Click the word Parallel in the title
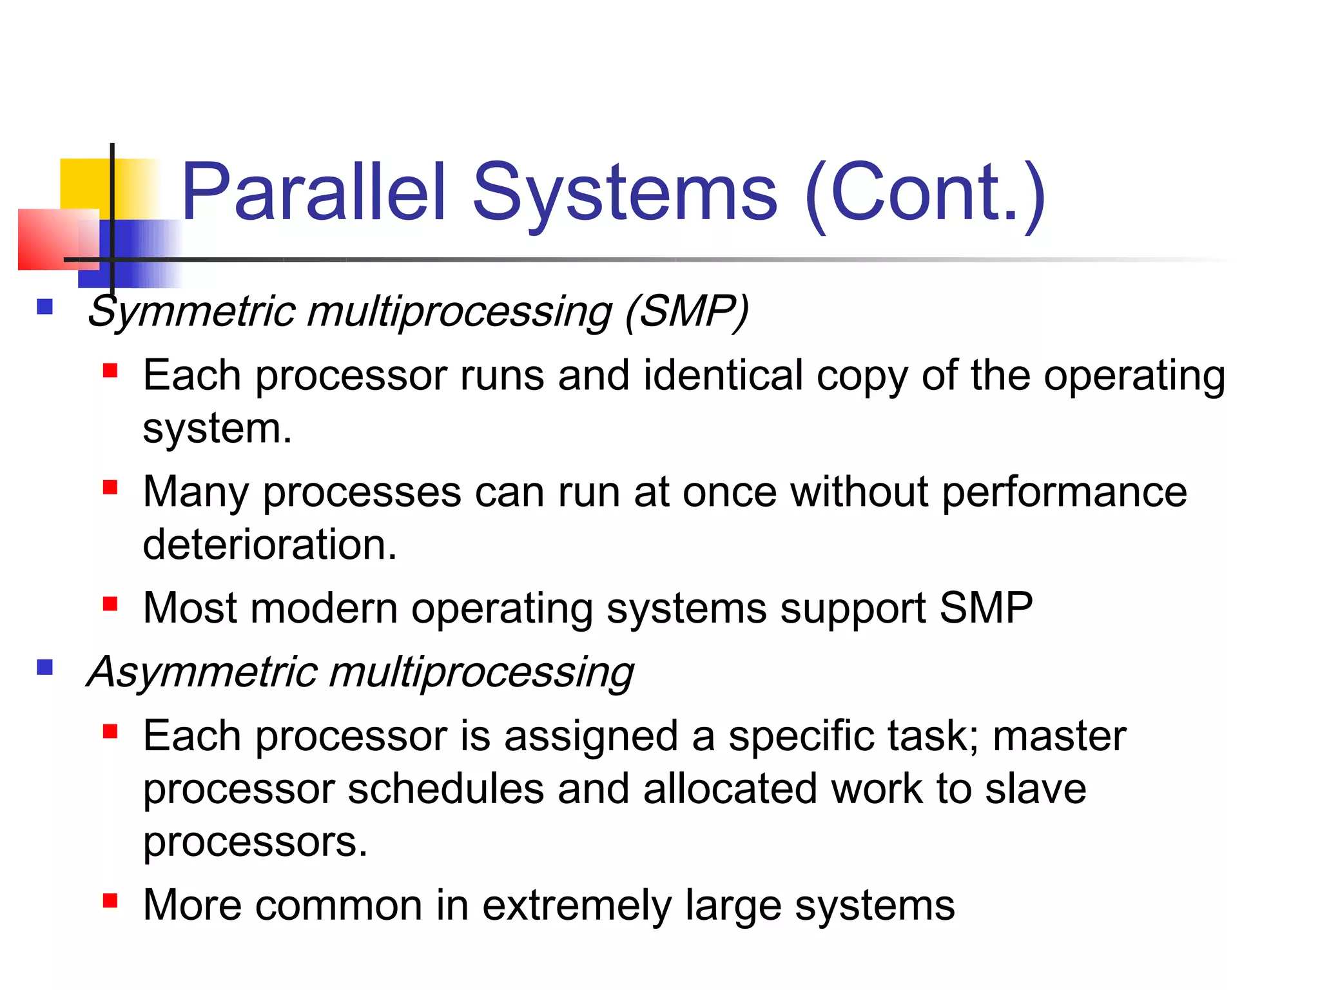coord(314,191)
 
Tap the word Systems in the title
coord(625,191)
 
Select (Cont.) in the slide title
coord(926,193)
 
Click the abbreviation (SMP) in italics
coord(686,311)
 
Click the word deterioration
coord(269,545)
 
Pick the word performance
coord(1064,492)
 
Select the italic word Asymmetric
coord(202,672)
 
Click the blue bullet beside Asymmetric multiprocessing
coord(44,667)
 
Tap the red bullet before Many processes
coord(110,487)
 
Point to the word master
coord(1059,736)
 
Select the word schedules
coord(446,789)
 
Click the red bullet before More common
coord(110,900)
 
